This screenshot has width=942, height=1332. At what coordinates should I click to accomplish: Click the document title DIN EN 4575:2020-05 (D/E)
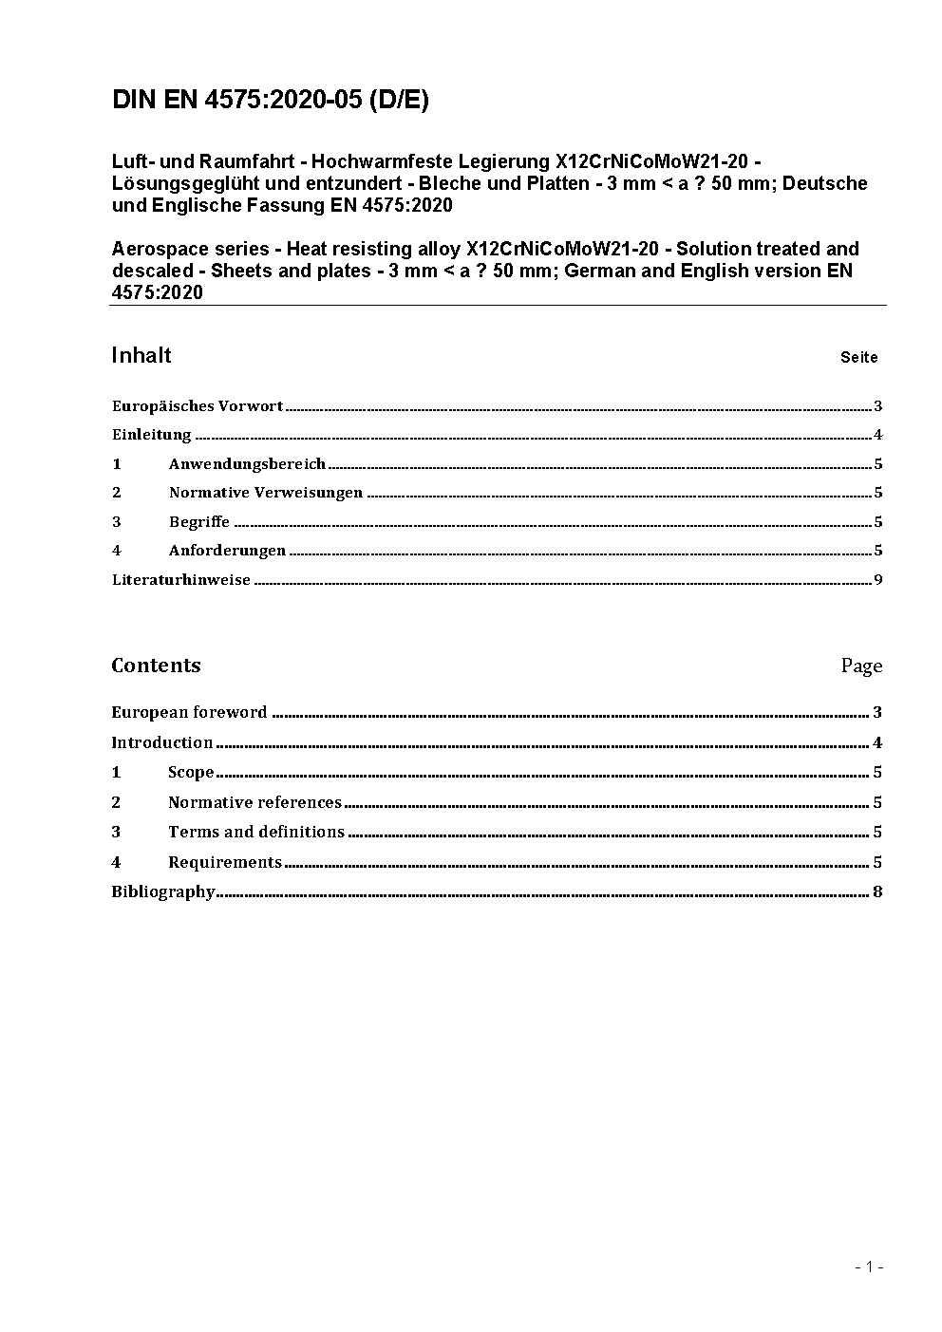tap(270, 101)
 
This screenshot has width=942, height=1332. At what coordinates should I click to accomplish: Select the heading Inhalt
tap(141, 356)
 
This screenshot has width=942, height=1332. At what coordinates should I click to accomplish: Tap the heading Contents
tap(156, 666)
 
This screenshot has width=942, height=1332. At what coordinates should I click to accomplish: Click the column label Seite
tap(858, 358)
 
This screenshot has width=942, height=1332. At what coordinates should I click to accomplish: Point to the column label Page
tap(861, 666)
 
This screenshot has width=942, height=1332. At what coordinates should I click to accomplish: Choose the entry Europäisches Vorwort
tap(198, 406)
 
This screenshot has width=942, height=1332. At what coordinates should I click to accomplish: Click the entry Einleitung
tap(152, 436)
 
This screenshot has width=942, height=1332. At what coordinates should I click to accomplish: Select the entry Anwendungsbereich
tap(247, 464)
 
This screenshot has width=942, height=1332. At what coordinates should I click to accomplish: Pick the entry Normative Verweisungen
tap(266, 493)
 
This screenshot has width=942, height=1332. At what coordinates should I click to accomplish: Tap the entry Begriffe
tap(199, 522)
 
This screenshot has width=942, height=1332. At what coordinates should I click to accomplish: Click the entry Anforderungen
tap(227, 551)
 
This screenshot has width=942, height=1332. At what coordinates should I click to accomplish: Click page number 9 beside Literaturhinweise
tap(878, 580)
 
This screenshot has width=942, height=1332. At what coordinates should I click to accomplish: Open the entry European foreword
tap(189, 713)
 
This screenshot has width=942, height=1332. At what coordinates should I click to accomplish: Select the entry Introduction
tap(161, 743)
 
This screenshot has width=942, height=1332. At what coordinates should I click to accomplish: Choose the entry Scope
tap(191, 773)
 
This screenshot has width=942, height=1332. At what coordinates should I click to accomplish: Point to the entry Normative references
tap(254, 803)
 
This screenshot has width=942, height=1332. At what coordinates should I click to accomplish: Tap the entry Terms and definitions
tap(256, 833)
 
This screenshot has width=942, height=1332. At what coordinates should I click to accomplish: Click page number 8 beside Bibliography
tap(877, 892)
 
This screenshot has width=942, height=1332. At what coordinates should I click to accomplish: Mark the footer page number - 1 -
tap(869, 1266)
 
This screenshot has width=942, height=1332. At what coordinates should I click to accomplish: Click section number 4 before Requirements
tap(116, 863)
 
